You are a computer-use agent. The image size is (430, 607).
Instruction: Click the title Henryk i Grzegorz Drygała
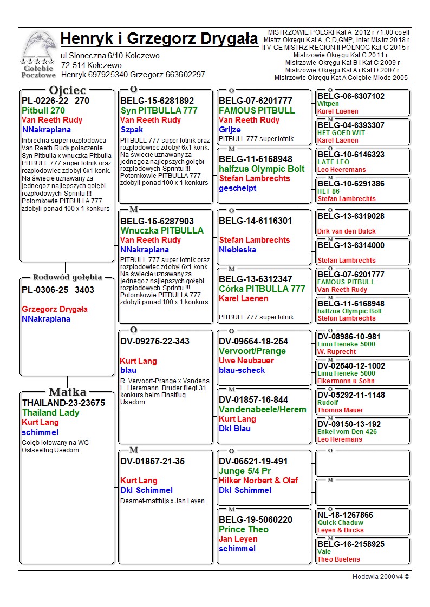point(159,39)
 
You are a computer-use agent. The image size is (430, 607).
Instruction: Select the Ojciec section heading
point(67,90)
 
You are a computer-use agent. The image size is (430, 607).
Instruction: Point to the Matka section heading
point(67,392)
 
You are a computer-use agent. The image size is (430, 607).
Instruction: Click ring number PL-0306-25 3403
point(58,290)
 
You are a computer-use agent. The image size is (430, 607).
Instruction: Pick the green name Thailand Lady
point(50,412)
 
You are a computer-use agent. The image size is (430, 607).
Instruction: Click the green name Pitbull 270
point(43,110)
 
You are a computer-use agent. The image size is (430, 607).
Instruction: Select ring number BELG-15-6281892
point(157,101)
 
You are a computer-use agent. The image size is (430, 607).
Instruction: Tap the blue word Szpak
point(131,130)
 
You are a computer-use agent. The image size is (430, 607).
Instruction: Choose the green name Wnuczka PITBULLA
point(162,230)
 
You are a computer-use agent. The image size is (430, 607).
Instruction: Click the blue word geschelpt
point(237,188)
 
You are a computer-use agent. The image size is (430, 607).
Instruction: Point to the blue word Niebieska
point(237,250)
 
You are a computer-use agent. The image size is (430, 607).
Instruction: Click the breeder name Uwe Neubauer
point(246,361)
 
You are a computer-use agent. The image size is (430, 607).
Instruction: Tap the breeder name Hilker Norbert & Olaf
point(258,481)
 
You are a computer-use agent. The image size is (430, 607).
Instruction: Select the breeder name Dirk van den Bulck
point(347,231)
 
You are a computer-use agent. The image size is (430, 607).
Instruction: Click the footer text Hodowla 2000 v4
point(381,576)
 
